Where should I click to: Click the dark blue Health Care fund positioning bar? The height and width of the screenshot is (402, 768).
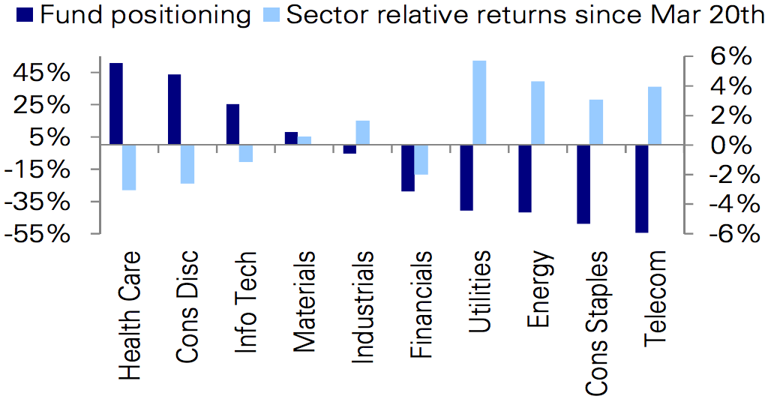pyautogui.click(x=116, y=103)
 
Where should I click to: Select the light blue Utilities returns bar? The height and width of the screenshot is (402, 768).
pyautogui.click(x=479, y=103)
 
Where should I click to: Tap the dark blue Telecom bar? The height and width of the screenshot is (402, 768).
pyautogui.click(x=641, y=188)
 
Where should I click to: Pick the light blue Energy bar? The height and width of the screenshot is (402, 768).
pyautogui.click(x=538, y=112)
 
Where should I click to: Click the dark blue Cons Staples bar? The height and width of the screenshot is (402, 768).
pyautogui.click(x=583, y=184)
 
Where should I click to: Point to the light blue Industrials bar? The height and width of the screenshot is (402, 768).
pyautogui.click(x=362, y=132)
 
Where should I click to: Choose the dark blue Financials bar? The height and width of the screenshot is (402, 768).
pyautogui.click(x=408, y=167)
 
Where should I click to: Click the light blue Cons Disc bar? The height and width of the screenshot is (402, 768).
pyautogui.click(x=187, y=163)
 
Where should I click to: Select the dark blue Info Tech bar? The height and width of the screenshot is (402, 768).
pyautogui.click(x=232, y=124)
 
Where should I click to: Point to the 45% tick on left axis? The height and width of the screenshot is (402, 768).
pyautogui.click(x=97, y=73)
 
